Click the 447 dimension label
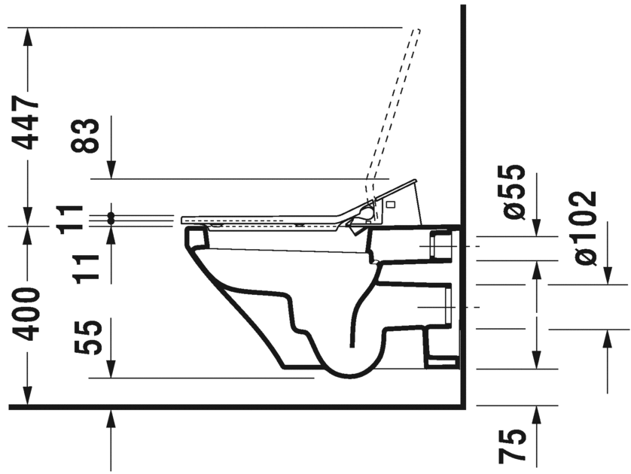tap(29, 123)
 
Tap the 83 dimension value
tap(90, 136)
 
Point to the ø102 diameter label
tap(586, 228)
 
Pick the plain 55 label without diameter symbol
tap(90, 336)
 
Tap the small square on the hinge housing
tap(390, 205)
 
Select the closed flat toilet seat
tap(264, 217)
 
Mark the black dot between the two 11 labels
tap(111, 218)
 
